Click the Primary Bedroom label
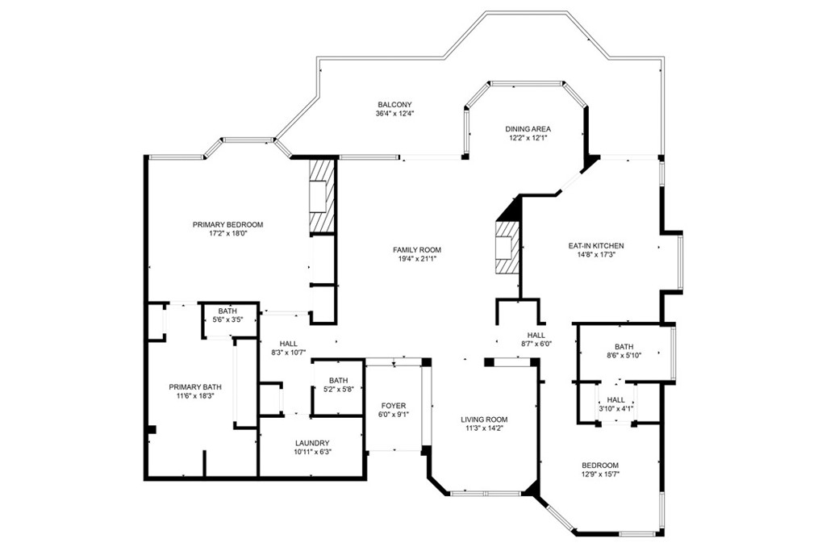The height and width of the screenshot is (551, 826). [x=227, y=224]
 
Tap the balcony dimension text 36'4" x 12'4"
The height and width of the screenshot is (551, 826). [x=394, y=113]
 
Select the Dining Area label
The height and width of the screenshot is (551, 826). [x=528, y=129]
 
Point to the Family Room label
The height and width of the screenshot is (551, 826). [x=417, y=250]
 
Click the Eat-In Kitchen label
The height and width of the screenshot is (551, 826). [x=596, y=245]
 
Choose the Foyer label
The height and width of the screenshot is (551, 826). [x=394, y=406]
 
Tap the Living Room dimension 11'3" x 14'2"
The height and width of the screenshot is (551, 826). [x=484, y=428]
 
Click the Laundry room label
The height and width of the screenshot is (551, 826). [x=312, y=443]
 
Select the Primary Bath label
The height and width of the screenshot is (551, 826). [x=195, y=386]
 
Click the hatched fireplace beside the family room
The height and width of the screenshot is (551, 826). [x=507, y=248]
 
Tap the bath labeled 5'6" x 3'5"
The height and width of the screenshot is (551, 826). [x=227, y=315]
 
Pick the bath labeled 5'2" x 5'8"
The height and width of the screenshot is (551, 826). [x=338, y=385]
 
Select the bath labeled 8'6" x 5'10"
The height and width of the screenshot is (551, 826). [x=624, y=350]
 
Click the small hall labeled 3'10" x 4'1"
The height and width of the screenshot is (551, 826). [x=615, y=404]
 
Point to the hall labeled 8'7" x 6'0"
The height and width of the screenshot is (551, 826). [x=536, y=340]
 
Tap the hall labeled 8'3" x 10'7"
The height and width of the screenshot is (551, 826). [x=288, y=348]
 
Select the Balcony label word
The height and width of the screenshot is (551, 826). [x=394, y=104]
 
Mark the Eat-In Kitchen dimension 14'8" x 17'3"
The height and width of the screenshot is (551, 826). [x=596, y=254]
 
